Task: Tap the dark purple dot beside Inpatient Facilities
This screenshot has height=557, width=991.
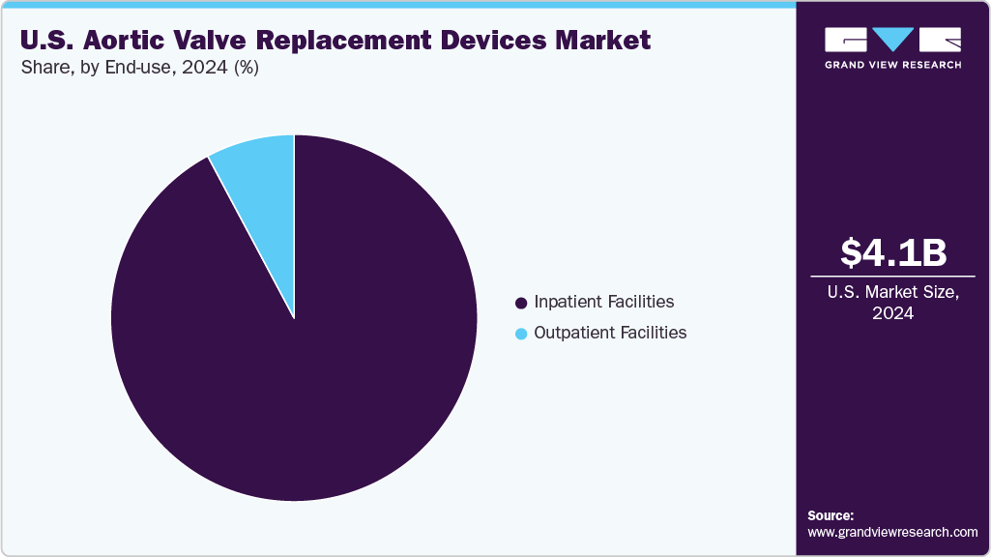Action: point(522,303)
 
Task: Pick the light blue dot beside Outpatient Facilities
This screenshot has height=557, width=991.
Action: point(522,334)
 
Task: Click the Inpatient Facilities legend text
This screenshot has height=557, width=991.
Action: point(604,303)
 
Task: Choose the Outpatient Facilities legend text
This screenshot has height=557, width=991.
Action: point(610,333)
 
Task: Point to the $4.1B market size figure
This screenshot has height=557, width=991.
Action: point(893,252)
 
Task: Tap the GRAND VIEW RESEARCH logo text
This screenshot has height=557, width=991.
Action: point(893,65)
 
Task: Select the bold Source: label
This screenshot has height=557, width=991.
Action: point(831,515)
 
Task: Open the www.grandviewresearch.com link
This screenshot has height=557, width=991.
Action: point(892,532)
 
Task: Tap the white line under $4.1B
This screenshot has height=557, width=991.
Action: point(893,277)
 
